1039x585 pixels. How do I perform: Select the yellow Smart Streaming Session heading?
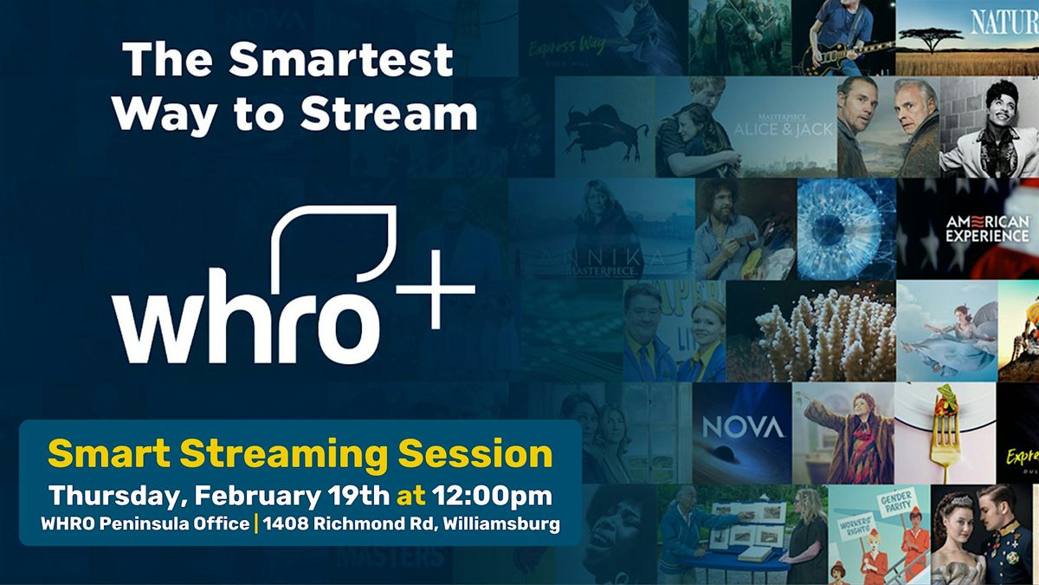tap(300, 454)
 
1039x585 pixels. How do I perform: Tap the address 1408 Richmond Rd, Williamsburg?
tap(410, 524)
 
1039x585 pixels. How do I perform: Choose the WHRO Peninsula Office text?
tap(145, 524)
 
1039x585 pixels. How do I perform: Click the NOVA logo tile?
tap(742, 427)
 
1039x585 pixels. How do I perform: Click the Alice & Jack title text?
tap(770, 127)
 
